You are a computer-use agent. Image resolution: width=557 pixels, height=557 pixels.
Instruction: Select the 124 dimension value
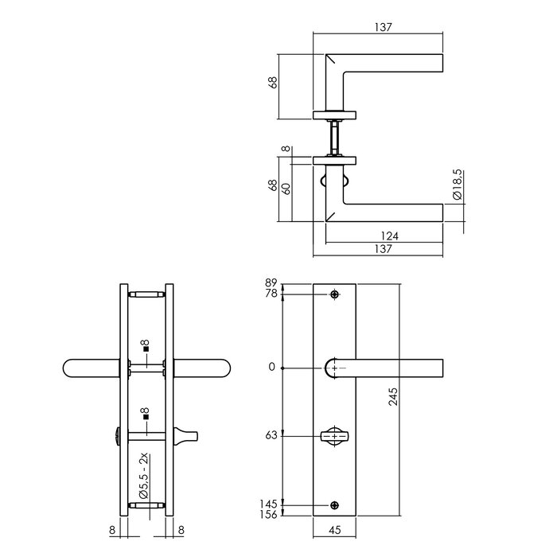click(388, 236)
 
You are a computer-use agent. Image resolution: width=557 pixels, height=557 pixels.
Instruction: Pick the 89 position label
click(270, 283)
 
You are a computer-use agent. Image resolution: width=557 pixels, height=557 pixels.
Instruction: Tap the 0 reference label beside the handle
click(273, 367)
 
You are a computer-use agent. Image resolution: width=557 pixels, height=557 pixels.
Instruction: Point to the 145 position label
click(268, 504)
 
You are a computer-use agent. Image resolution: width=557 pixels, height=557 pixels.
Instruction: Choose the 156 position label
click(268, 516)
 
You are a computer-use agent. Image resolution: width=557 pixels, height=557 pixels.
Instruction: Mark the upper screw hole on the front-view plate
click(334, 295)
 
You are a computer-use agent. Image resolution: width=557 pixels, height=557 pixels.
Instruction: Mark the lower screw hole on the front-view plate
click(334, 504)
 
